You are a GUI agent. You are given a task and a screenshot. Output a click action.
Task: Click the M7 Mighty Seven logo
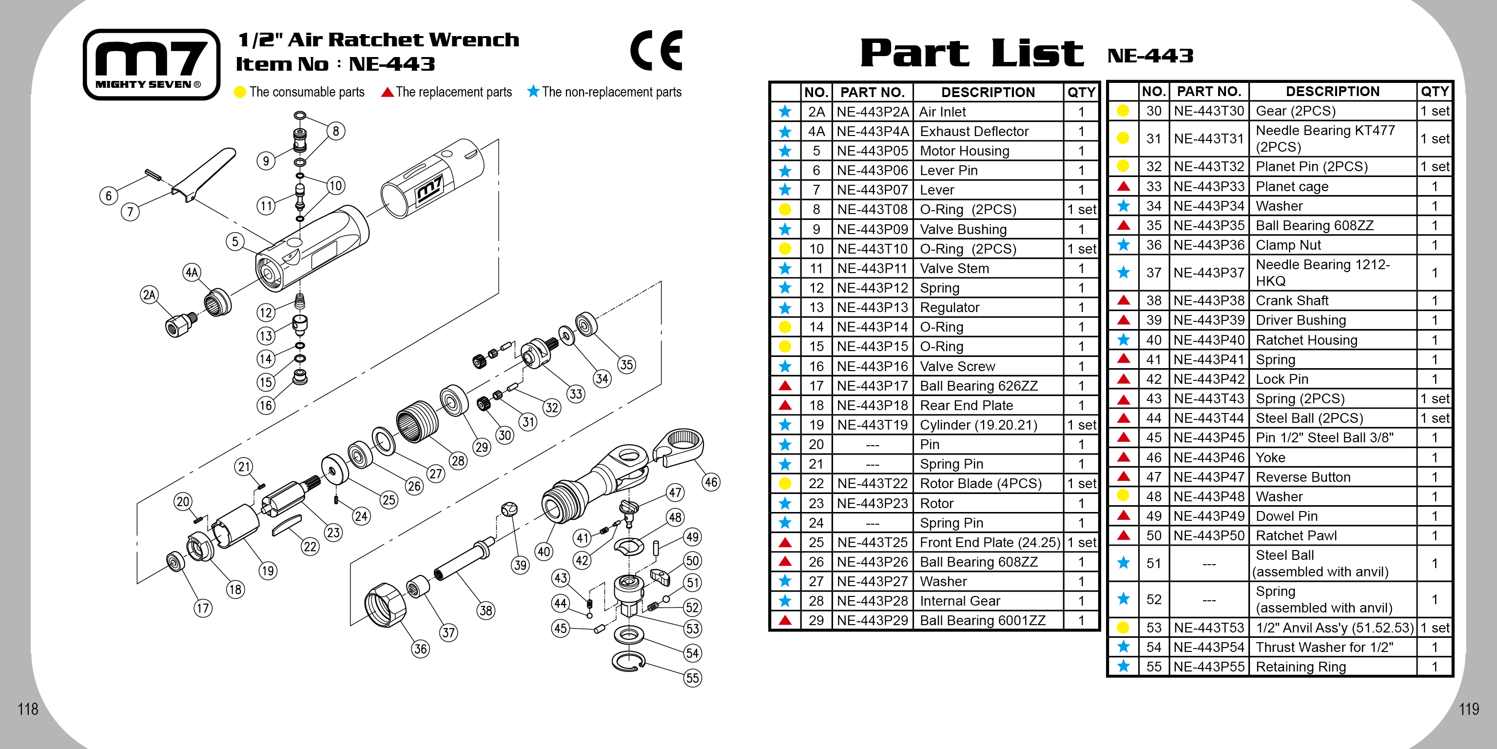pos(151,64)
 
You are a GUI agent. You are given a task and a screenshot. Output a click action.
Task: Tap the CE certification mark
pos(656,51)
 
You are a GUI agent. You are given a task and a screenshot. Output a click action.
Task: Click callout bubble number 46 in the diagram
pos(711,482)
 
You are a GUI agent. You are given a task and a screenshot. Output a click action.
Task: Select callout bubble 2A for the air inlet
pos(149,295)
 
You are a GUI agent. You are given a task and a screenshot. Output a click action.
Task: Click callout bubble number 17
pos(202,608)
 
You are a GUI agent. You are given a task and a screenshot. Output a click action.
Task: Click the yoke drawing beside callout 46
pos(679,446)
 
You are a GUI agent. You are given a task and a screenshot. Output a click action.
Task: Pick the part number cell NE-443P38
pos(1209,301)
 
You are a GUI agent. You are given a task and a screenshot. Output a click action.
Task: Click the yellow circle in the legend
pos(240,92)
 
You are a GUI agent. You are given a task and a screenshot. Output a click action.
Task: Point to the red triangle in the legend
pos(388,92)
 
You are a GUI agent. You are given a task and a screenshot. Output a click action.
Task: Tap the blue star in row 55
pos(1123,667)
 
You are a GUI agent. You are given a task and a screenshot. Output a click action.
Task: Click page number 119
pos(1469,709)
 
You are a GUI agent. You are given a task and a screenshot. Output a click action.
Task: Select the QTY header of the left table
pos(1081,93)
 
